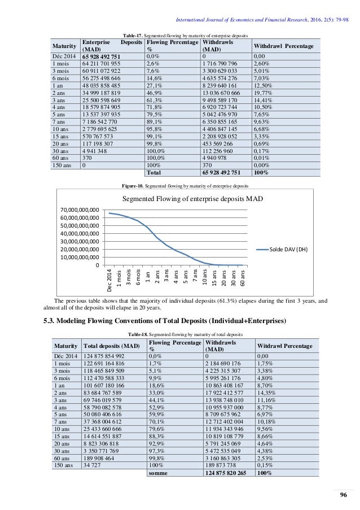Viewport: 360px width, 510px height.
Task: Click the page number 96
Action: click(341, 495)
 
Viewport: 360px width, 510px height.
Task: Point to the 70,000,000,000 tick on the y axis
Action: click(79, 210)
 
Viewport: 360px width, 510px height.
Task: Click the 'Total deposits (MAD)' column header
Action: click(111, 346)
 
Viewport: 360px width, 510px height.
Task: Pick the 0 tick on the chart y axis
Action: click(98, 265)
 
